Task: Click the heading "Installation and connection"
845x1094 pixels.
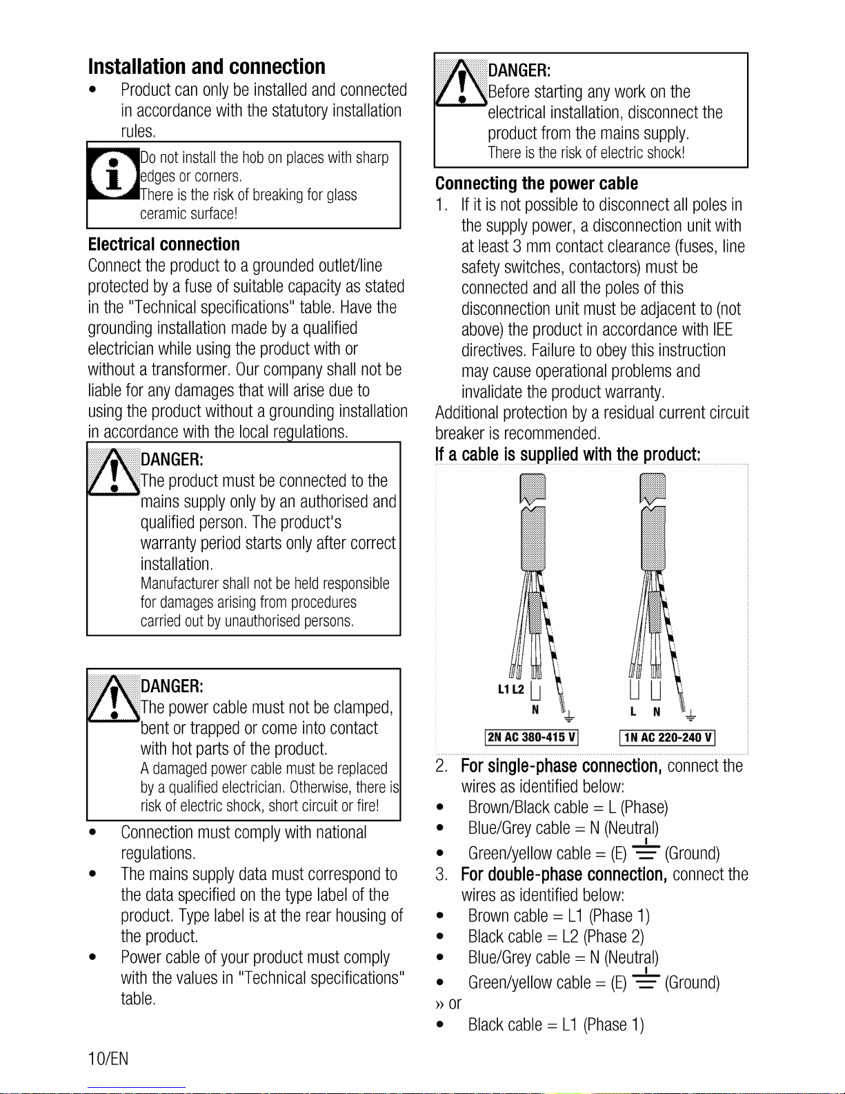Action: pyautogui.click(x=207, y=66)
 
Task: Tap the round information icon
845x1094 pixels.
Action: pyautogui.click(x=114, y=174)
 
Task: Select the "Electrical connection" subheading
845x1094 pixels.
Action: pyautogui.click(x=164, y=244)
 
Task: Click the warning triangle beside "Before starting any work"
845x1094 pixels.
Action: pyautogui.click(x=460, y=83)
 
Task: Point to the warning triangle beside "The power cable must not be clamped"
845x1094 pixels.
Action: pyautogui.click(x=114, y=699)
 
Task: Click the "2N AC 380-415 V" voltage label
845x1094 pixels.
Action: pyautogui.click(x=531, y=737)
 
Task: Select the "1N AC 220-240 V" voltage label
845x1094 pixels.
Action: pyautogui.click(x=667, y=738)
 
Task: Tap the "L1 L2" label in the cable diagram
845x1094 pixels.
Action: pyautogui.click(x=511, y=690)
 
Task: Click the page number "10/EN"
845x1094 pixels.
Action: pyautogui.click(x=108, y=1059)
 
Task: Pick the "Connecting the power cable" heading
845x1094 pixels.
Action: pyautogui.click(x=537, y=184)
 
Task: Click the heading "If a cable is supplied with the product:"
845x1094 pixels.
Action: pyautogui.click(x=568, y=454)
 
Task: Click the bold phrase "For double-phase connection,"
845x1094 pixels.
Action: pyautogui.click(x=564, y=875)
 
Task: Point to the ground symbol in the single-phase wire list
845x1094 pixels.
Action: pyautogui.click(x=646, y=850)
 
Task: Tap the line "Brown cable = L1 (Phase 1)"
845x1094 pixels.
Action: pyautogui.click(x=559, y=916)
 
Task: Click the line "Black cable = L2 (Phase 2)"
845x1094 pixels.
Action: pyautogui.click(x=556, y=937)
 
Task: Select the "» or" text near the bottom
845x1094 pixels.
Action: pyautogui.click(x=448, y=1004)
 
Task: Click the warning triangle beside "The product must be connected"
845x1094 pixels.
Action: pyautogui.click(x=114, y=471)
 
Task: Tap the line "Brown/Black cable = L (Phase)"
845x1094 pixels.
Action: pyautogui.click(x=568, y=808)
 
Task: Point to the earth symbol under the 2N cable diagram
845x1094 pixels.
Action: pyautogui.click(x=569, y=716)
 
